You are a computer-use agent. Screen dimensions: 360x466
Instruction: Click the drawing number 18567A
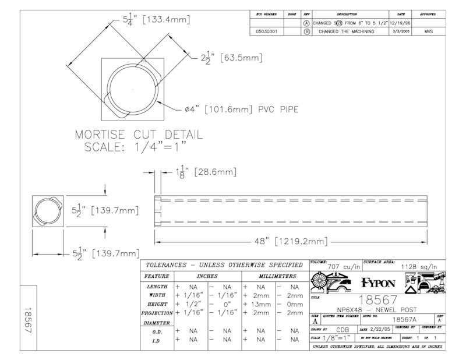pos(404,319)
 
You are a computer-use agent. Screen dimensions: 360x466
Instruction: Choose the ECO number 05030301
pos(270,31)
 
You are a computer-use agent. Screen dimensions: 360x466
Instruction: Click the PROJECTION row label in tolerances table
pos(157,313)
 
